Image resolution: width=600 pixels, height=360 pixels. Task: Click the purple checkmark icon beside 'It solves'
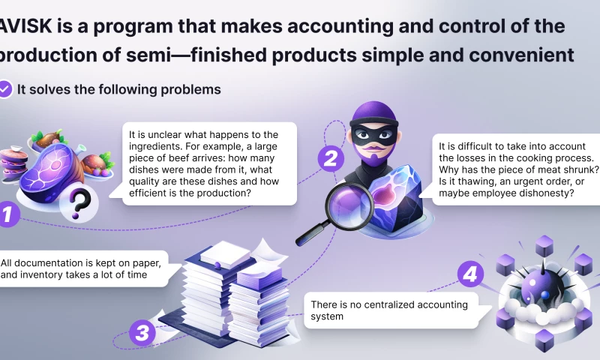[6, 89]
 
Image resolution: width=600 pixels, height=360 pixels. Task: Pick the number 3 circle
[142, 331]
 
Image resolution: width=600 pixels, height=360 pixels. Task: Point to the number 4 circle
[470, 274]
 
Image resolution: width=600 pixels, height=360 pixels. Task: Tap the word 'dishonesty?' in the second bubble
[545, 193]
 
